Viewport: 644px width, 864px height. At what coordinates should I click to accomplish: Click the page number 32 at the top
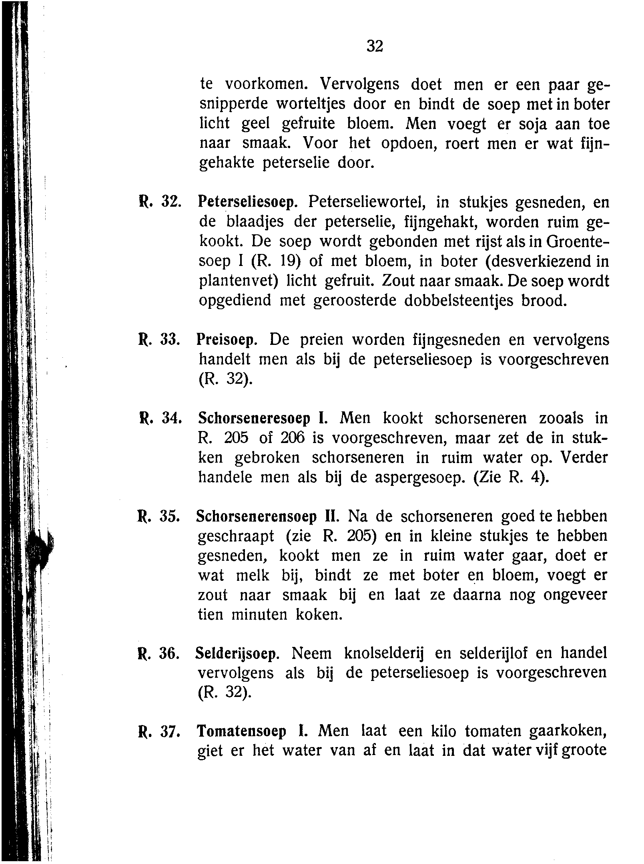coord(375,46)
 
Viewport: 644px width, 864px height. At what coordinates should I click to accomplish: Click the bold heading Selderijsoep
coord(237,653)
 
